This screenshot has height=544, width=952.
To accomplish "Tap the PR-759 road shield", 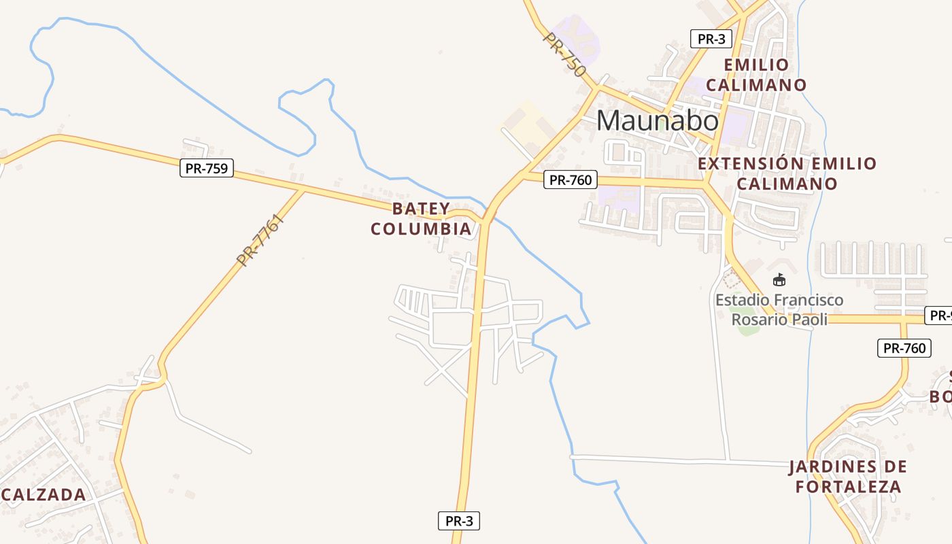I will [207, 168].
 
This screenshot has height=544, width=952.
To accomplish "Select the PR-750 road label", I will [564, 54].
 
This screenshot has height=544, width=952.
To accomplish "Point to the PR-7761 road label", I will [259, 239].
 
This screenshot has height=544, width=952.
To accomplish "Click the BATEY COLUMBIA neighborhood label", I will [421, 219].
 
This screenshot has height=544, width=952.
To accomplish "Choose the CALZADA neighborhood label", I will [44, 494].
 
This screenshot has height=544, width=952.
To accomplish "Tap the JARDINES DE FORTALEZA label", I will [847, 477].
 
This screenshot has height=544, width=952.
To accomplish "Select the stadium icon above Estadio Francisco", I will [779, 279].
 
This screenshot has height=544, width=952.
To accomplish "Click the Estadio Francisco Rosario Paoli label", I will [779, 309].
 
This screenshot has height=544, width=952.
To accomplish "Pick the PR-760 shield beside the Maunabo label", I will [571, 180].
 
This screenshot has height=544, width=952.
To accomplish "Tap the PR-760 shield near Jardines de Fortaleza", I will [904, 348].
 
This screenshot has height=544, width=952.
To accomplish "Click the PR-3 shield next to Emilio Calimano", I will [711, 39].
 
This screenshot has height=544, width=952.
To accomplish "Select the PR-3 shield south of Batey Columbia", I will [459, 522].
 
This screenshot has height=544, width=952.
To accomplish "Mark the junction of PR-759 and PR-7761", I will [303, 190].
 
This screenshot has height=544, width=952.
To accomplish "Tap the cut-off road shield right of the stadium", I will [939, 316].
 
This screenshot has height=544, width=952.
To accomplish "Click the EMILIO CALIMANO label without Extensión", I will [756, 75].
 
